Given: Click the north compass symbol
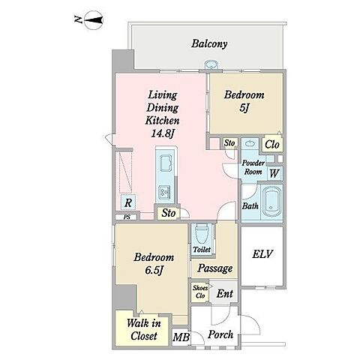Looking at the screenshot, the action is [94, 20].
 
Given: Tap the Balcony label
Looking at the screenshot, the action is [209, 43].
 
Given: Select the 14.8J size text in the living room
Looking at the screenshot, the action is [163, 133].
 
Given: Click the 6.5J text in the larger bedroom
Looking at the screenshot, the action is [154, 270].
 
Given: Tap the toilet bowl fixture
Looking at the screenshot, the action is [202, 234].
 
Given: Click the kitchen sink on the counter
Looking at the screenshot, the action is [166, 163].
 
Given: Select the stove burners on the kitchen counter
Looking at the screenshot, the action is [165, 192].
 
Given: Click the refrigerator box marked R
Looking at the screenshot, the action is [128, 202].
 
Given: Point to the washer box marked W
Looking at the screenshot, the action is [274, 173].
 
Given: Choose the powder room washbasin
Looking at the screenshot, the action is [250, 144].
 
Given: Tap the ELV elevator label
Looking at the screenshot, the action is [262, 254].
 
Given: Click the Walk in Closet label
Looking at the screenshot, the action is [144, 329].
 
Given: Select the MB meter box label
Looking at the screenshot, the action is [181, 337].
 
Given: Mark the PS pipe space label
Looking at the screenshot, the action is [127, 217].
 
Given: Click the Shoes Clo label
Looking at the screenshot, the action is [200, 292].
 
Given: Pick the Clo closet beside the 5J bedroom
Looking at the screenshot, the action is [272, 144].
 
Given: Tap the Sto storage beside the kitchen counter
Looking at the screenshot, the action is [168, 213].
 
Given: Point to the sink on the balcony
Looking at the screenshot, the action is [211, 64].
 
